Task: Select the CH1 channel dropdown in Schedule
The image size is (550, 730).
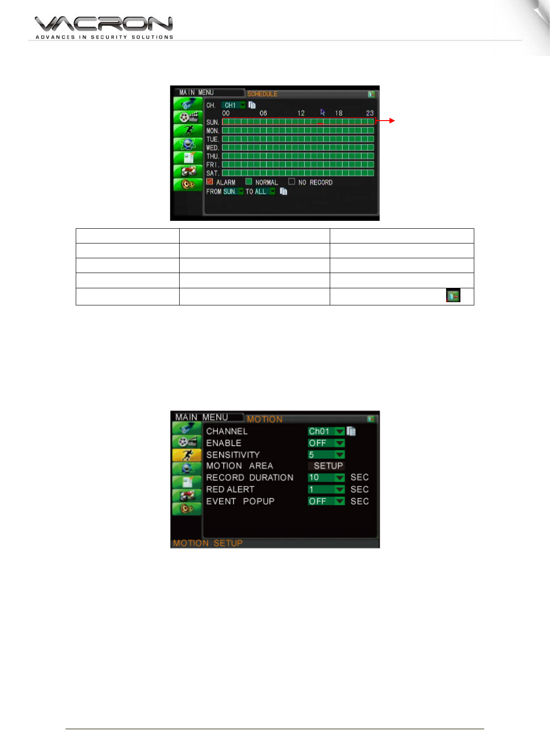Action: click(233, 105)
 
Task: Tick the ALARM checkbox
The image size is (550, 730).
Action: click(210, 182)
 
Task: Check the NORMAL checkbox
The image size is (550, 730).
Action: click(249, 182)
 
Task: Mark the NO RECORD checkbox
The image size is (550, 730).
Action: click(291, 182)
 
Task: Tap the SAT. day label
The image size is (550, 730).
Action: click(212, 173)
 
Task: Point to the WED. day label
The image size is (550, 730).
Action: click(212, 148)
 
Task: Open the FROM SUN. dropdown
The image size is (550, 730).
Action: click(233, 191)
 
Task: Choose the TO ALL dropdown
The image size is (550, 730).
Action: click(265, 191)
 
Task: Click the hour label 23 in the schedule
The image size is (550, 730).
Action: click(370, 113)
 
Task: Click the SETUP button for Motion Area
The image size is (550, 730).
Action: click(328, 466)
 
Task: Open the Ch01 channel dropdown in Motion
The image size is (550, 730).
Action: click(326, 431)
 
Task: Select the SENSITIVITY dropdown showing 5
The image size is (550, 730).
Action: click(326, 455)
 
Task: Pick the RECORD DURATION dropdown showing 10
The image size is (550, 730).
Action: click(326, 477)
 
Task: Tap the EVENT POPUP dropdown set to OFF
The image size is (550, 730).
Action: click(326, 501)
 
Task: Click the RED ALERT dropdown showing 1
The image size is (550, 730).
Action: click(326, 489)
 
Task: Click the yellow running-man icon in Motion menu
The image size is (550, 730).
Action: click(187, 455)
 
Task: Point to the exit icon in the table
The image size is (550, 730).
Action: click(453, 296)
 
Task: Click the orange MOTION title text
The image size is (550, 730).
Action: click(265, 420)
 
